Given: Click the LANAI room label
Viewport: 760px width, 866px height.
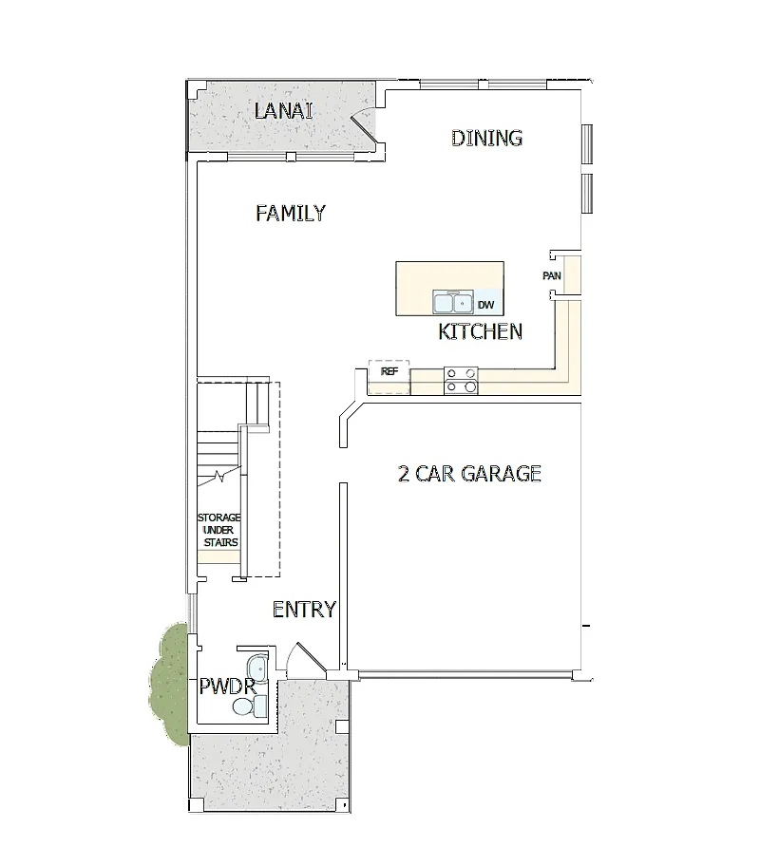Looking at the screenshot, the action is tap(283, 111).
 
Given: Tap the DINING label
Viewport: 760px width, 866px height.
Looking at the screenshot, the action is tap(486, 138).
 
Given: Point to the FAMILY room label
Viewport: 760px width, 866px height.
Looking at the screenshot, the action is tap(291, 213).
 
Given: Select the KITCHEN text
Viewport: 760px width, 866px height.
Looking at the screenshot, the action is tap(481, 331).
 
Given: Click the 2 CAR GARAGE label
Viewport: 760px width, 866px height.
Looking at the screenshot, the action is tap(469, 473).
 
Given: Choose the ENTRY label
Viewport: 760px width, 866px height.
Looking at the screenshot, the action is tap(304, 610).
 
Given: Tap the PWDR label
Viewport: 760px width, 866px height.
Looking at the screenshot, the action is tap(228, 687).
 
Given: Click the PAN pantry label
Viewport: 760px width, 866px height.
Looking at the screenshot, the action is tap(552, 275).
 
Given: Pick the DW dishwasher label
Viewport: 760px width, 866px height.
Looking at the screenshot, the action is tap(485, 305).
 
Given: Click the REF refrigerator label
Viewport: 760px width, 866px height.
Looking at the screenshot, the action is tap(389, 371).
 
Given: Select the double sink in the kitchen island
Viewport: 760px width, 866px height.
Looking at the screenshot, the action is tap(453, 302).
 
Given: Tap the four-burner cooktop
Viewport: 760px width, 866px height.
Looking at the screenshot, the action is tap(461, 380).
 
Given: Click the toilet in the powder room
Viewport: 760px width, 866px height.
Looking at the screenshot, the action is tap(250, 706).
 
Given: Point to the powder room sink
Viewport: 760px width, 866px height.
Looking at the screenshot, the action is tap(256, 668).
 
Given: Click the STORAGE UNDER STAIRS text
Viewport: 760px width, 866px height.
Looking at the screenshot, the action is tap(219, 530).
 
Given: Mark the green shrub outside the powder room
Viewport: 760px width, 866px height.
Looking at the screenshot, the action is tap(169, 682).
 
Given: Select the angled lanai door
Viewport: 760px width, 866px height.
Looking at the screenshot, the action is tap(363, 129).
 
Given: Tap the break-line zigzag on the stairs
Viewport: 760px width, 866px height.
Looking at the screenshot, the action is tap(219, 475).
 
